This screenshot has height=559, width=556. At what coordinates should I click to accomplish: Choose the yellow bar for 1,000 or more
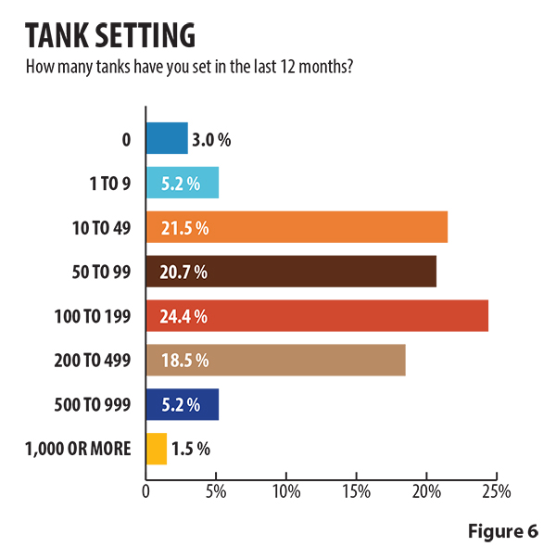pos(157,449)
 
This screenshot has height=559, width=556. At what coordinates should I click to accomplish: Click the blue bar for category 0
pos(167,139)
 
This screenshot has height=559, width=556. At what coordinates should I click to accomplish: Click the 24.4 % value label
pos(183,316)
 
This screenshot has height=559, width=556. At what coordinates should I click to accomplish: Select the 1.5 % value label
pos(191,450)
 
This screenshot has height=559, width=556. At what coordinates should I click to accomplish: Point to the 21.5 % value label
pos(183,228)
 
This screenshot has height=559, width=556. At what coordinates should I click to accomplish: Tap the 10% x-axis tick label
pos(286,490)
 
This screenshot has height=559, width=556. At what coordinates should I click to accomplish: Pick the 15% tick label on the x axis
pos(357,490)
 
